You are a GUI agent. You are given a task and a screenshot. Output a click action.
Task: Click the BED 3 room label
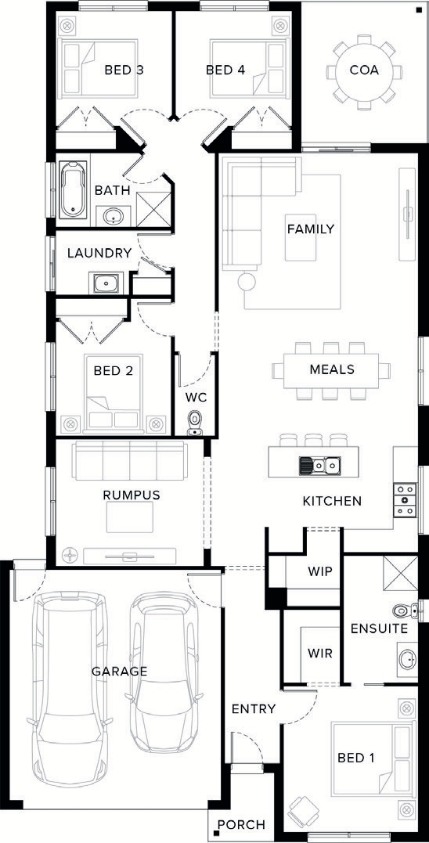pos(124,70)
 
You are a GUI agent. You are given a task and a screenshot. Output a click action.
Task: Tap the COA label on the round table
pos(364,70)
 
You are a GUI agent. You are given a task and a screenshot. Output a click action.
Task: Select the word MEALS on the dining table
pos(332,369)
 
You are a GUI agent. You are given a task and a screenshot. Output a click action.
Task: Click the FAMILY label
pos(310,229)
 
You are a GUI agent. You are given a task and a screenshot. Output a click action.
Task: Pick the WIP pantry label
pos(320,571)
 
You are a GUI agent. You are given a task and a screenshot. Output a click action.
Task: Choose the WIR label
pos(320,654)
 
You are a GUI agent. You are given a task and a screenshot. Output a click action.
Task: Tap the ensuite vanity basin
pos(408,657)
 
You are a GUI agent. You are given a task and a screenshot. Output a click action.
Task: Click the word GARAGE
pos(119,671)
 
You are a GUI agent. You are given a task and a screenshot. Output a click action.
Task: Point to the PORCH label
pos(241,825)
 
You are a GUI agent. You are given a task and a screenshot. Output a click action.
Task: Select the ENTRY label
pos(253,709)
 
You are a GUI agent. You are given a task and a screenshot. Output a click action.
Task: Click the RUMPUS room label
pos(132,495)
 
